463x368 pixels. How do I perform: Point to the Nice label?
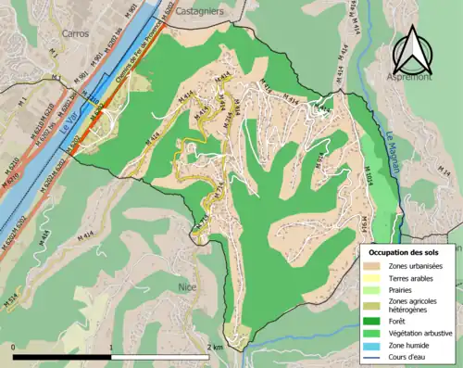point(188,287)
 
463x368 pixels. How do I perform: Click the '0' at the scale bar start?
point(13,346)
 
